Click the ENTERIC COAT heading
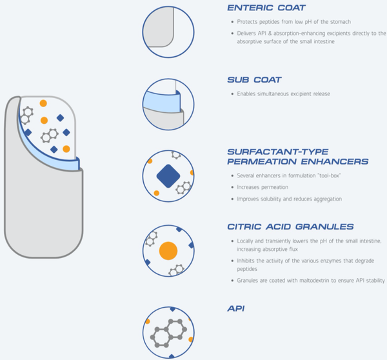coord(266,8)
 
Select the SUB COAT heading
coord(254,80)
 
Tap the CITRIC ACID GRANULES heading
coord(290,226)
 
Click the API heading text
coord(236,308)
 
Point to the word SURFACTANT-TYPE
coord(278,152)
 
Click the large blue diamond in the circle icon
coord(168,176)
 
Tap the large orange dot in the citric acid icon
coord(168,251)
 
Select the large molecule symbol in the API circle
coord(168,333)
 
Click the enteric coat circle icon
coord(168,32)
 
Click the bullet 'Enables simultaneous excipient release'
coord(283,94)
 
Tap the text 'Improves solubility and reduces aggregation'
coord(289,199)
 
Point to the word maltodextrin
coord(318,281)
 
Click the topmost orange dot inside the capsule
coord(43,103)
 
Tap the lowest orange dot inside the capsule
coord(66,149)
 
